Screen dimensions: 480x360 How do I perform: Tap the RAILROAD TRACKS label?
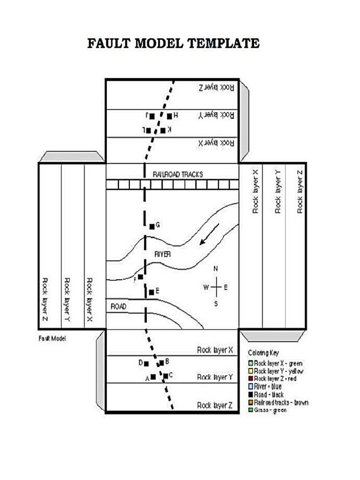[178, 174]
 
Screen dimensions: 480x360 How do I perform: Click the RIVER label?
[162, 254]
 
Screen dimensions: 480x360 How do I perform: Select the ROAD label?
[118, 307]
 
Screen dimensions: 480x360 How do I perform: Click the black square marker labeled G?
[152, 226]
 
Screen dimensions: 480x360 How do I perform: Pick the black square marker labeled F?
[141, 277]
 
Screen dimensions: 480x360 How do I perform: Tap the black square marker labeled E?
[151, 292]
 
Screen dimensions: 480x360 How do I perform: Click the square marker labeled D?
[146, 363]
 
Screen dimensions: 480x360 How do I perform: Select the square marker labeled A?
[153, 377]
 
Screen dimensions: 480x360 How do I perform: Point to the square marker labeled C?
[165, 375]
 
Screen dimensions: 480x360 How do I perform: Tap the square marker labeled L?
[149, 130]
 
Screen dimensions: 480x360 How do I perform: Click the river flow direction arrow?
[209, 234]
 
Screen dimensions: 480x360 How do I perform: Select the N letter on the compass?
[216, 269]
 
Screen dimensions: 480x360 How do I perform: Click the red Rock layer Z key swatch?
[251, 378]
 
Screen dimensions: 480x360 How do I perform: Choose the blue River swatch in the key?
[251, 386]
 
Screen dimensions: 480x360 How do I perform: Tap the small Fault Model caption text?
[52, 338]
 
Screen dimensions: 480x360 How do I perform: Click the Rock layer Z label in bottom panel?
[214, 405]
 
